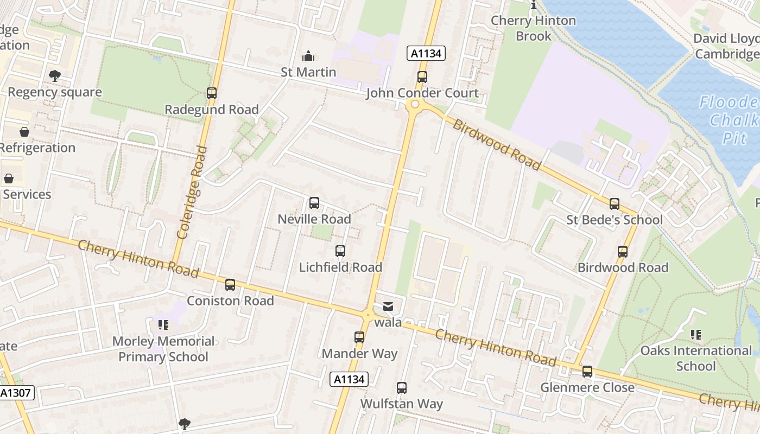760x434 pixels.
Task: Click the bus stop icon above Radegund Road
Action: tap(212, 93)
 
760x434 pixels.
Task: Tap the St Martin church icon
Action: tap(308, 56)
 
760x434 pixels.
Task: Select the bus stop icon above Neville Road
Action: tap(314, 203)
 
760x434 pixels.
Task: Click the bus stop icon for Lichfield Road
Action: tap(340, 251)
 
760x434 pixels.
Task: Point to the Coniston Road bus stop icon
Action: tap(230, 285)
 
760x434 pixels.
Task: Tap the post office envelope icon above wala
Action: tap(388, 307)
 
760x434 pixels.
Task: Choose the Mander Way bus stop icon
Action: tap(359, 337)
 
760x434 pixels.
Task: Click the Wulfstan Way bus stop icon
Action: tap(402, 388)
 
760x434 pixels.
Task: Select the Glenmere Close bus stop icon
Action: tap(587, 372)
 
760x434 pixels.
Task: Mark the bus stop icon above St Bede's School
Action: tap(615, 204)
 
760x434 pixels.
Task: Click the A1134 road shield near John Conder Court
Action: tap(426, 53)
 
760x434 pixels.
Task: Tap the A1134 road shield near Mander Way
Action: tap(349, 379)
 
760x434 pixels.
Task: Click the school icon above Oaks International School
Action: tap(696, 335)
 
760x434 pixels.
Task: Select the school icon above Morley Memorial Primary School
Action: tap(163, 325)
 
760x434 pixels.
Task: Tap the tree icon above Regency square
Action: tap(54, 76)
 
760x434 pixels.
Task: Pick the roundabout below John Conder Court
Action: tap(415, 104)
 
